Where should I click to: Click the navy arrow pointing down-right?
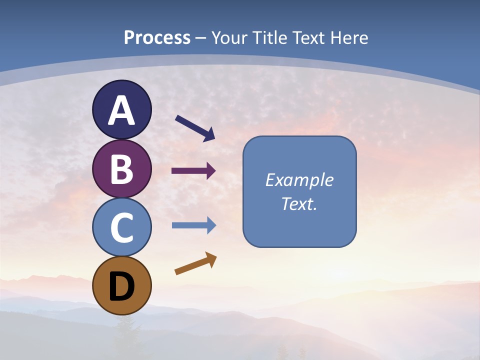point(195,128)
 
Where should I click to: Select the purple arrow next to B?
point(193,171)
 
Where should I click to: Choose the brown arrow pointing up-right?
point(195,263)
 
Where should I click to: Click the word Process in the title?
point(157,37)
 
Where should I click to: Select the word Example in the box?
point(299,180)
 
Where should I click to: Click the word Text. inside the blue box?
point(299,203)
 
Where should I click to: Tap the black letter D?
point(121,287)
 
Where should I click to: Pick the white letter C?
point(121,227)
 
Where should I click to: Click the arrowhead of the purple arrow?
point(210,171)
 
